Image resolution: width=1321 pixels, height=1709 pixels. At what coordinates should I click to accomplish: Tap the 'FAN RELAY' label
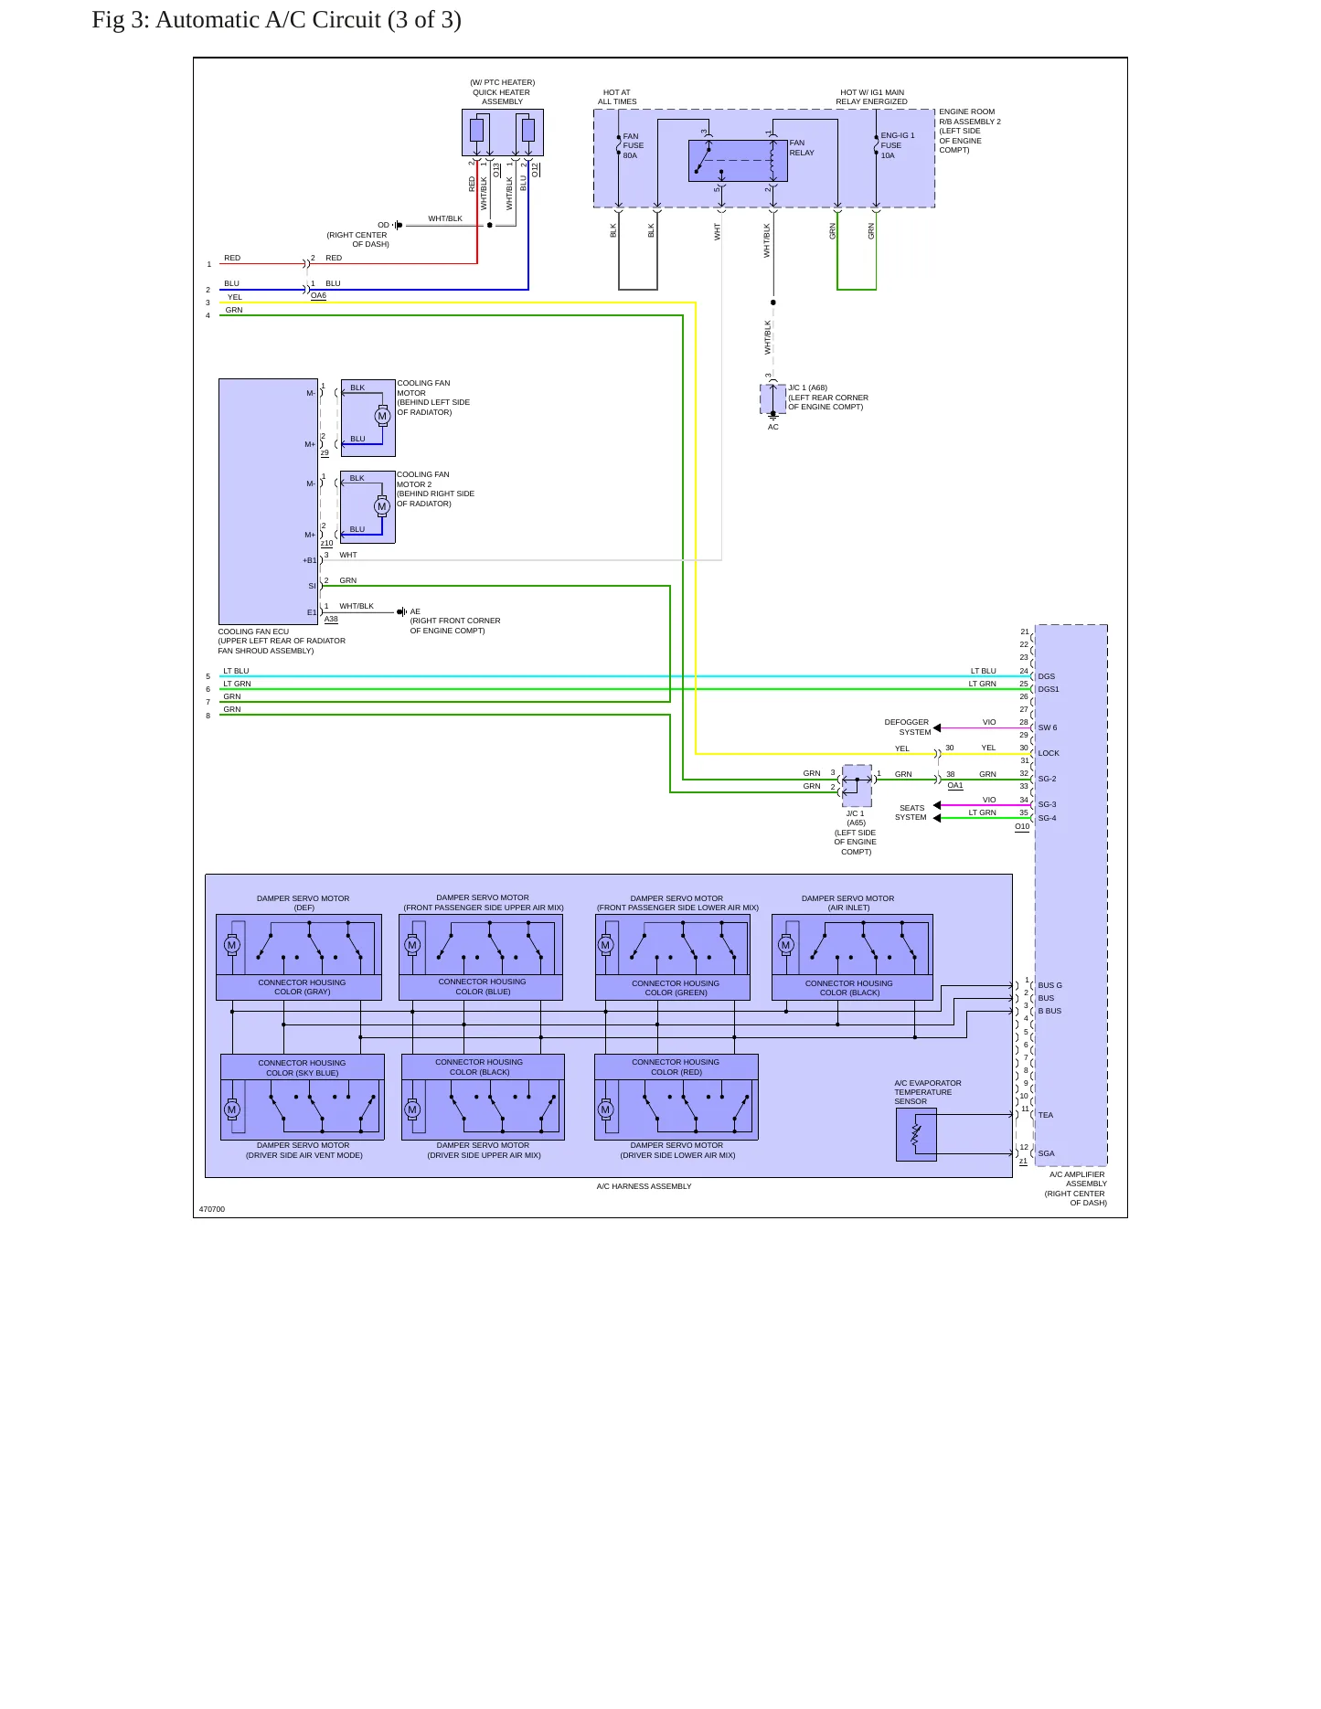[x=802, y=148]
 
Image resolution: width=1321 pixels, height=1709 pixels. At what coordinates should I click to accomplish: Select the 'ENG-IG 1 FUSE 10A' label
[x=898, y=145]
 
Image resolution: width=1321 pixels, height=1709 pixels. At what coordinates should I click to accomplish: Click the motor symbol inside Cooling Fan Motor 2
[x=382, y=506]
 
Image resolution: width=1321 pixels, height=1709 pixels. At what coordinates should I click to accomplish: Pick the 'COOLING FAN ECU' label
[x=253, y=632]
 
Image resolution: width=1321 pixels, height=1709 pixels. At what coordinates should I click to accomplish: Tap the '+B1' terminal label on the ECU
[x=310, y=560]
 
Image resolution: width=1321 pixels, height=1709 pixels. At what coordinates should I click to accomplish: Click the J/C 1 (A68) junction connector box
[x=772, y=398]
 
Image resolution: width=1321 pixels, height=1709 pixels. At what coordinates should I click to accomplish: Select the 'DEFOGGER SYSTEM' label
[x=907, y=727]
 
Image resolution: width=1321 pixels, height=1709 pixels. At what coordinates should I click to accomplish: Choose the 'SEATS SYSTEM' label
[x=911, y=812]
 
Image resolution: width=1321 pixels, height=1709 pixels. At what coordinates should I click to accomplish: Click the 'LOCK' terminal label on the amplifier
[x=1049, y=753]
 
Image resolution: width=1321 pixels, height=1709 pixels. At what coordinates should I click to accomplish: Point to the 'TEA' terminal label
[x=1046, y=1115]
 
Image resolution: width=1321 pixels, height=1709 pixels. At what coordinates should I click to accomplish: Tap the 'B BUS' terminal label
[x=1049, y=1011]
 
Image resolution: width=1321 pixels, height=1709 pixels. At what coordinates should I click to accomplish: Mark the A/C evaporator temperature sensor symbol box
[x=916, y=1135]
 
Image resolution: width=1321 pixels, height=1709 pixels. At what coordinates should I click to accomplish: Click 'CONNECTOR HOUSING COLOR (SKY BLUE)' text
[x=302, y=1067]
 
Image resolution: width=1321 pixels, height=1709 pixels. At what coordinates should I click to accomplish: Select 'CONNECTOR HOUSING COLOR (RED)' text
[x=676, y=1067]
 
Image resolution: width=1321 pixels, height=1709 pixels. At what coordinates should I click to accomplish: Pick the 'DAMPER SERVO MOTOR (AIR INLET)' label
[x=848, y=903]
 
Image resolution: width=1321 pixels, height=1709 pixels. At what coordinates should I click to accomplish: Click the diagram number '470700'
[x=212, y=1209]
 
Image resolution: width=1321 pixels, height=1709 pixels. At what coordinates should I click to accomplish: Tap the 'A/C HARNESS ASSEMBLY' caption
[x=644, y=1186]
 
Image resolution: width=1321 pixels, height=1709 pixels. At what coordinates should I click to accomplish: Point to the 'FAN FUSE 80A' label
[x=633, y=145]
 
